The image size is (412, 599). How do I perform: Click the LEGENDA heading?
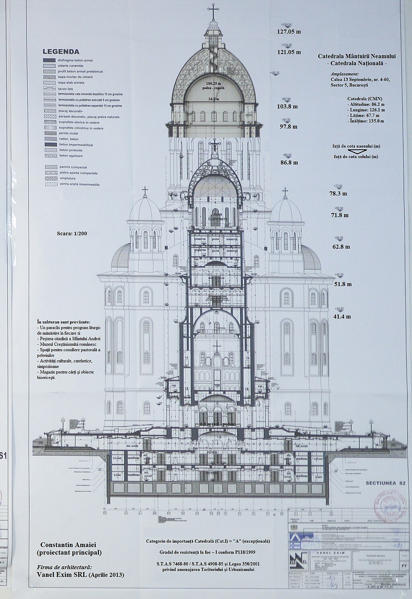tap(61, 51)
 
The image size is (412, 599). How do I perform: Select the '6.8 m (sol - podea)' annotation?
tap(217, 424)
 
